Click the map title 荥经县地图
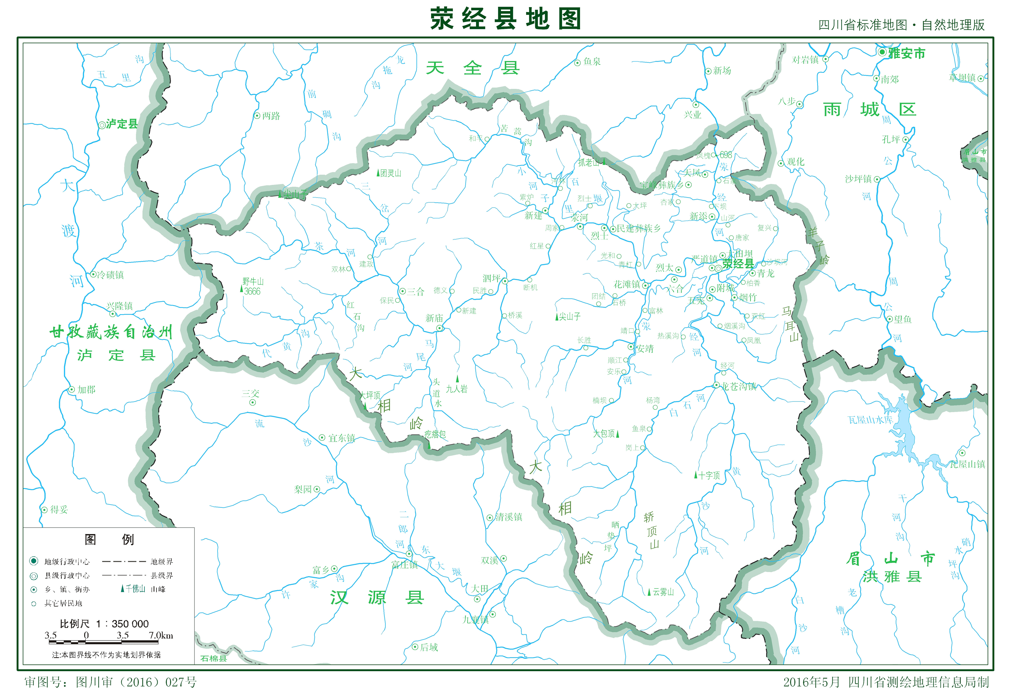pyautogui.click(x=505, y=19)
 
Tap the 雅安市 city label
pyautogui.click(x=906, y=53)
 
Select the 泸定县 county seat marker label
pyautogui.click(x=122, y=124)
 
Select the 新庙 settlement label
pyautogui.click(x=434, y=318)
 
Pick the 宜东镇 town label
pyautogui.click(x=341, y=438)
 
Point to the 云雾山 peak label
pyautogui.click(x=663, y=592)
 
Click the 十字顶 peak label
pyautogui.click(x=709, y=475)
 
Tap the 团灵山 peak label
pyautogui.click(x=390, y=173)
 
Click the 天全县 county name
pyautogui.click(x=472, y=68)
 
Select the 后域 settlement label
pyautogui.click(x=429, y=647)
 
